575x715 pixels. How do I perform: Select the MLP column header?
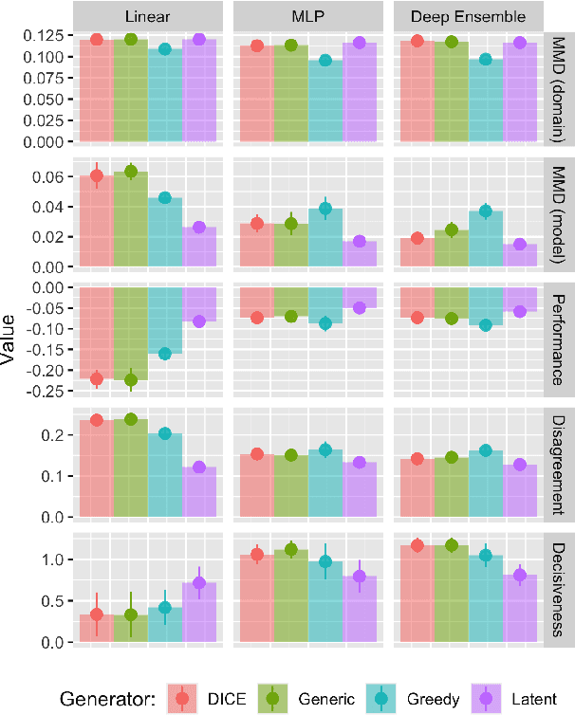pyautogui.click(x=306, y=16)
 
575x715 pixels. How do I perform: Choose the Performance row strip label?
pyautogui.click(x=560, y=338)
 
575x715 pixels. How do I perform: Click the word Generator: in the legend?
pyautogui.click(x=106, y=699)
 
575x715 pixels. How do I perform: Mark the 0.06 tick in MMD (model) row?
pyautogui.click(x=50, y=177)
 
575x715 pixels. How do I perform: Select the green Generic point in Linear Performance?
pyautogui.click(x=131, y=380)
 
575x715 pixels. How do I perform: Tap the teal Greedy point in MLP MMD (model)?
pyautogui.click(x=325, y=209)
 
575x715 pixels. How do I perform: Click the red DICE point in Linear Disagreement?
pyautogui.click(x=96, y=420)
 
